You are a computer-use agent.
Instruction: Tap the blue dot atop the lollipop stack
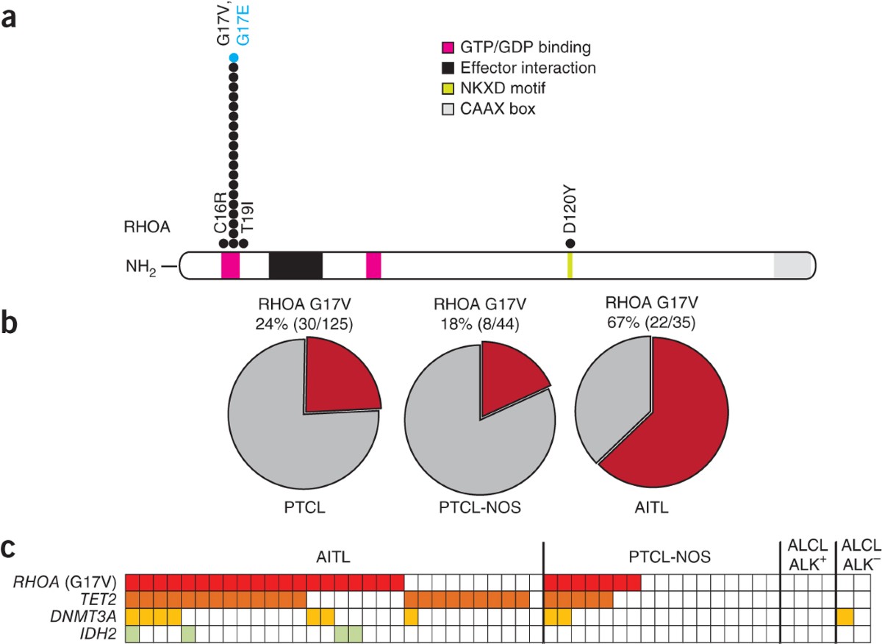coord(234,58)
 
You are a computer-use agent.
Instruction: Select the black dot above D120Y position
coord(570,243)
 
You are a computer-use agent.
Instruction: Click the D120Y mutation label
coord(570,214)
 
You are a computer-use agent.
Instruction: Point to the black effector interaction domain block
coord(295,265)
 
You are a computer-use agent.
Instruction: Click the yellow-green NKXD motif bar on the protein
coord(570,265)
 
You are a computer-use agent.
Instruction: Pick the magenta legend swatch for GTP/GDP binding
coord(446,49)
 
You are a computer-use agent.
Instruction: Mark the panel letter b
coord(11,325)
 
